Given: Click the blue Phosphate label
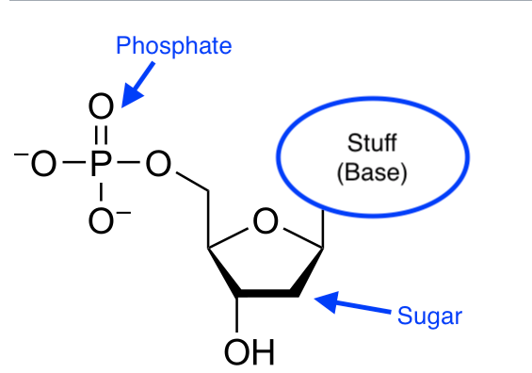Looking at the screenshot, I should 173,45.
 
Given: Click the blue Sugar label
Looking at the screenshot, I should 430,315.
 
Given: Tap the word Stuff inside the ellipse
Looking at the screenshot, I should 372,144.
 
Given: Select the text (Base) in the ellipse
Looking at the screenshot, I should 372,173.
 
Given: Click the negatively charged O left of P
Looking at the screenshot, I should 43,168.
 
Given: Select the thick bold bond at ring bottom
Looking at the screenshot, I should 266,294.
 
